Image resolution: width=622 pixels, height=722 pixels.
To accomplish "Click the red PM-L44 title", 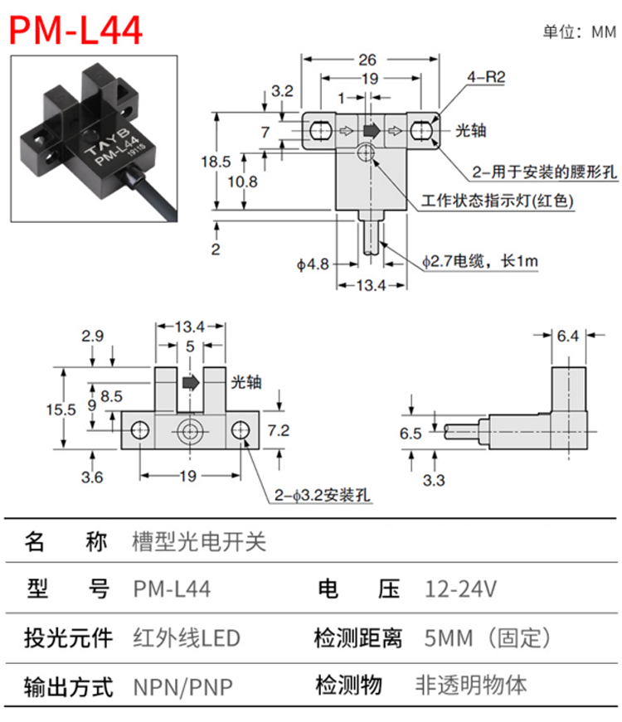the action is pos(75,31).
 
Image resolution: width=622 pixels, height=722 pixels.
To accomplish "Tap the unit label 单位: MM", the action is pos(579,32).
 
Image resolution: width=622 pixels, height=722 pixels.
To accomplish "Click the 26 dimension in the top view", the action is pos(367,60).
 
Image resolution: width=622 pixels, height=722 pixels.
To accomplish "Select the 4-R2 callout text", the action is pos(486,76).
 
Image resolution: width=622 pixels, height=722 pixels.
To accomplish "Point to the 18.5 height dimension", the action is pos(216,162).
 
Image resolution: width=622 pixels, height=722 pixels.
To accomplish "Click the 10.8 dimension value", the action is pos(242,182).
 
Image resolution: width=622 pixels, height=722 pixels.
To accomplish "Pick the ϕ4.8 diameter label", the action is pos(313,264).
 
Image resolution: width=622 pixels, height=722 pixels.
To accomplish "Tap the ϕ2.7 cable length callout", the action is pos(480,262).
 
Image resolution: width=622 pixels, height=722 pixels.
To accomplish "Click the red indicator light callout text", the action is pos(497,201).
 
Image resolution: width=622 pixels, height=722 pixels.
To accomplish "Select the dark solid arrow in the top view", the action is pos(372,130).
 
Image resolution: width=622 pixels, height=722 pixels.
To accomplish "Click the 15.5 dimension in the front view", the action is pos(61,409).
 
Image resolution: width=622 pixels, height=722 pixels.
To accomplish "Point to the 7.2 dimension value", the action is pos(279,430).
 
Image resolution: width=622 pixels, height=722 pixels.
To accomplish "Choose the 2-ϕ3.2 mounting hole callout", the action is pos(322,496).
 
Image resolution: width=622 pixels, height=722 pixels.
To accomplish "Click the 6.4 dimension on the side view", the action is pos(567,336).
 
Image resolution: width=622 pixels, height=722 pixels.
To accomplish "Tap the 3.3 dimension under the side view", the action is pos(434,480).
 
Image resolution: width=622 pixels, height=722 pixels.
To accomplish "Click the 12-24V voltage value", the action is pos(460,589).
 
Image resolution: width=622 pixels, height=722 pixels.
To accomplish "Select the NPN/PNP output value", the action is pos(183,687).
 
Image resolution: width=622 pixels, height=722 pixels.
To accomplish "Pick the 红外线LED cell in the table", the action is pos(187,638).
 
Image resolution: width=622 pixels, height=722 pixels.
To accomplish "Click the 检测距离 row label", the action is pos(358,638).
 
